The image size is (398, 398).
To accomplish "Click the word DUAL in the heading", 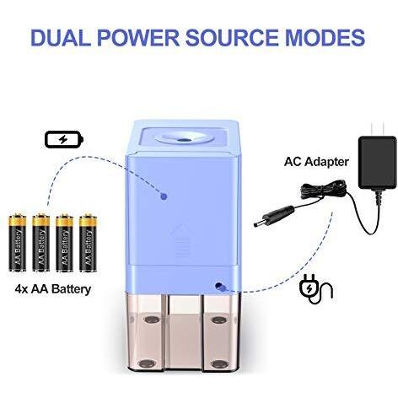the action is point(60,37).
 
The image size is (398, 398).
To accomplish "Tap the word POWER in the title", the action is point(137,37).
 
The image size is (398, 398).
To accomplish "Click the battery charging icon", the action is point(64,139).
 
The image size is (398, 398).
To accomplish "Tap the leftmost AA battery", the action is point(18,243).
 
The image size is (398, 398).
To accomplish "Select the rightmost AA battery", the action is point(88,243).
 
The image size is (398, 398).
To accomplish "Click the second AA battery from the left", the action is point(41,243).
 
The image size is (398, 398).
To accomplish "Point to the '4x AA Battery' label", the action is point(53,289).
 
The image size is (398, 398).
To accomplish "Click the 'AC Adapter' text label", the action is point(316,162).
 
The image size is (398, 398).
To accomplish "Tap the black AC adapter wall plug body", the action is point(377,162).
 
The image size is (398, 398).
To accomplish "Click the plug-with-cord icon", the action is point(316,289).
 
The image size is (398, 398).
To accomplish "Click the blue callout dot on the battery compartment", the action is point(164,196).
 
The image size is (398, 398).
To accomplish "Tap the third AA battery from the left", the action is point(64,243).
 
